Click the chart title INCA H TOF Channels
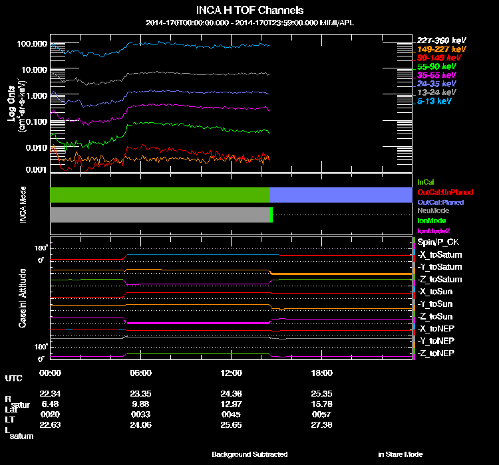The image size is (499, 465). (x=250, y=11)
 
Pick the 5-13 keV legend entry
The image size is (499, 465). (x=436, y=101)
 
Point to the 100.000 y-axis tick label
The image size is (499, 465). (x=32, y=44)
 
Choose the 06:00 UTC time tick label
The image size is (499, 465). (x=140, y=373)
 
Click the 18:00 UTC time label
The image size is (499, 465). (x=322, y=373)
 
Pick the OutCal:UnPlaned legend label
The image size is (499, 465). (x=440, y=192)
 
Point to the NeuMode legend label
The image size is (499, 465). (x=432, y=211)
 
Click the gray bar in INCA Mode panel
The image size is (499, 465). (x=160, y=215)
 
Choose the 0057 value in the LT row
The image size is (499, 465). (x=322, y=414)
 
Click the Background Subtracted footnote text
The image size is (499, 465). (x=249, y=454)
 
